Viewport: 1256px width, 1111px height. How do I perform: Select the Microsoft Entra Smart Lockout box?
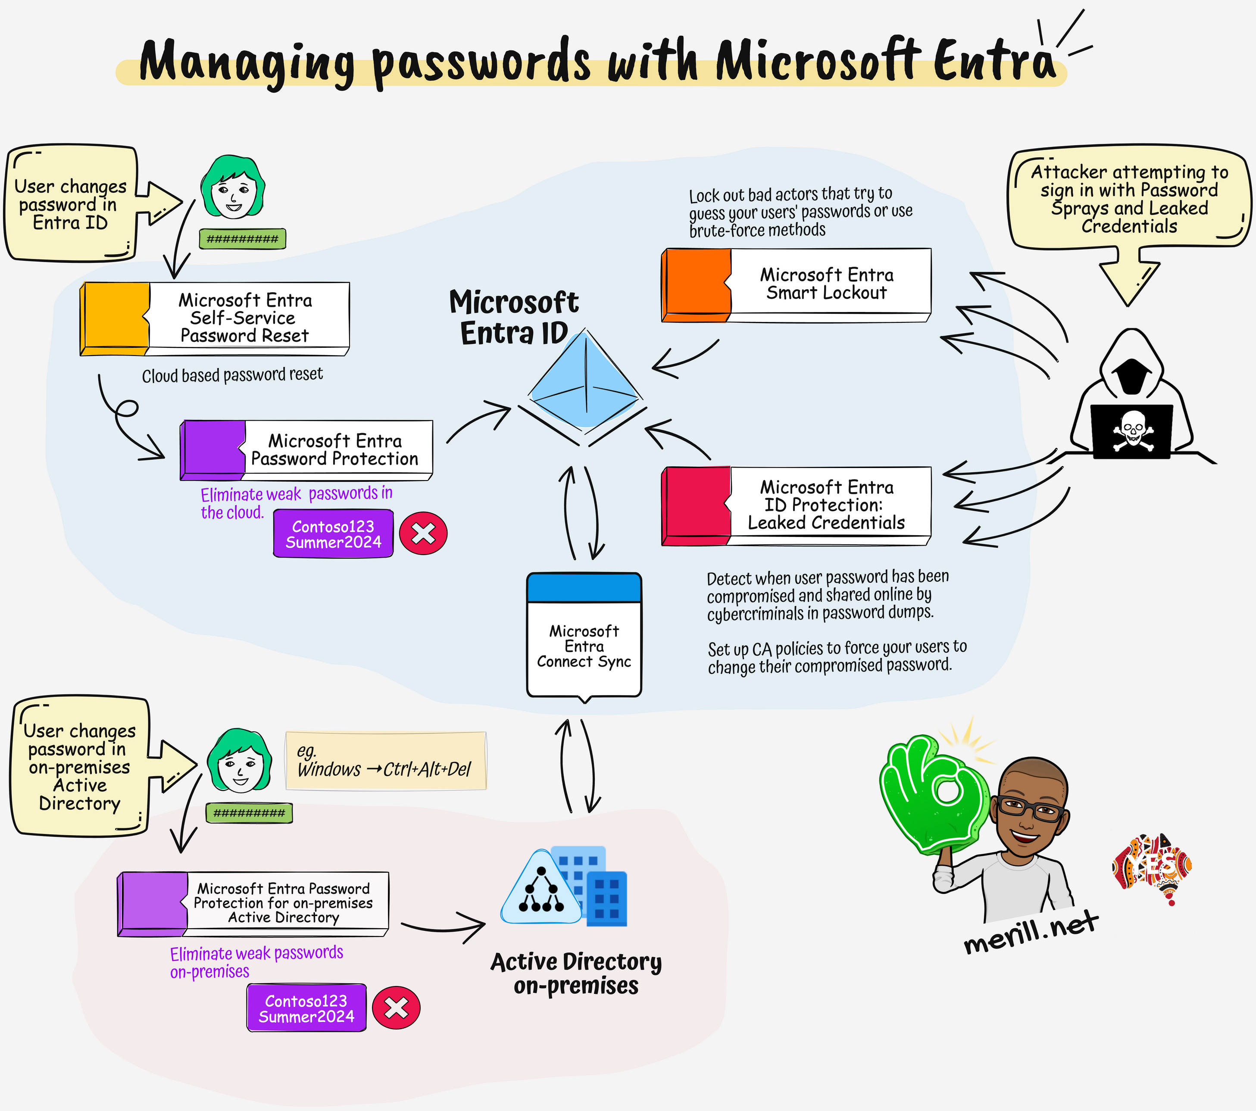797,284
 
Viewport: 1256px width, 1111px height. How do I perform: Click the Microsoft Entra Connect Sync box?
584,636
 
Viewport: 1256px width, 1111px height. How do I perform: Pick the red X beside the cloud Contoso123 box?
423,534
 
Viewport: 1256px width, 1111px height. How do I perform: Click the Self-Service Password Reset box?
215,318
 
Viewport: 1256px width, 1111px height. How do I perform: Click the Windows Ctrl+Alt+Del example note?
386,761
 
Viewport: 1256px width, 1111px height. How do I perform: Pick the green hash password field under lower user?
249,813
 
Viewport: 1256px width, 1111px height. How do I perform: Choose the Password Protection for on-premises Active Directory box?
253,903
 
